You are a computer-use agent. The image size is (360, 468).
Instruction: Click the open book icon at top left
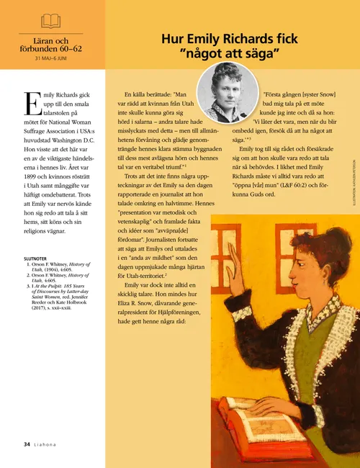click(51, 20)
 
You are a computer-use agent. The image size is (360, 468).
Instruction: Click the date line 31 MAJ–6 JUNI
click(51, 58)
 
